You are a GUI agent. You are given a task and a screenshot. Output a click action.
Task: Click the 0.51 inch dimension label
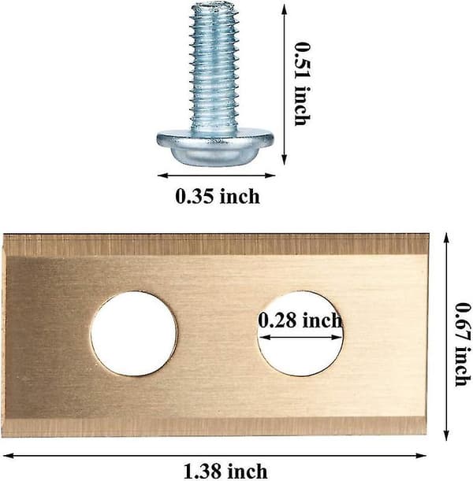click(x=303, y=83)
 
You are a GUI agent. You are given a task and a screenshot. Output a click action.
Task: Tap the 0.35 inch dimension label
click(x=218, y=196)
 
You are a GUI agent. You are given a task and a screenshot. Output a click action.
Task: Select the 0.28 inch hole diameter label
click(x=300, y=320)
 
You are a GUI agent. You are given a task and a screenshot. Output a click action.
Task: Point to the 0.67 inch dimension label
click(x=463, y=345)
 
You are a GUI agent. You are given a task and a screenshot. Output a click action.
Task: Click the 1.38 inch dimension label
click(x=225, y=472)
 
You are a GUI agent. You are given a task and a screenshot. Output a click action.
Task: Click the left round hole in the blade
click(x=134, y=334)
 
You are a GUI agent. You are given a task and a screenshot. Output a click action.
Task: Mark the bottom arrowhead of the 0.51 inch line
click(x=285, y=160)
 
